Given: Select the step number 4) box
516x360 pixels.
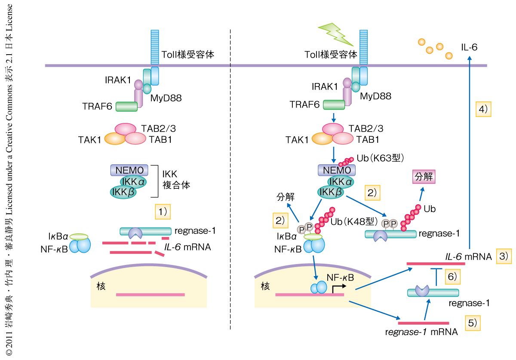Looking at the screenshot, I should point(484,109).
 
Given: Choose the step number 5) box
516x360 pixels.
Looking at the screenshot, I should point(472,323).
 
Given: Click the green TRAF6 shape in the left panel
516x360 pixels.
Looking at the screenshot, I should point(126,106).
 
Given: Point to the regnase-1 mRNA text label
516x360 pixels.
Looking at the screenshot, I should point(421,332).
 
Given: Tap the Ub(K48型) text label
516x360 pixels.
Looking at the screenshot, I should point(353,222).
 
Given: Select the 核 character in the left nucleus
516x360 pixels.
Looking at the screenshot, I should point(101,286).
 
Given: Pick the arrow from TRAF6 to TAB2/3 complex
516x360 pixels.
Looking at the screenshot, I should point(333,117).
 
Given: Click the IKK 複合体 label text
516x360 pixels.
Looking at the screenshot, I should point(176,181).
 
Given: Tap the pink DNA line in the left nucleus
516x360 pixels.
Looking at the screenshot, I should point(150,295).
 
